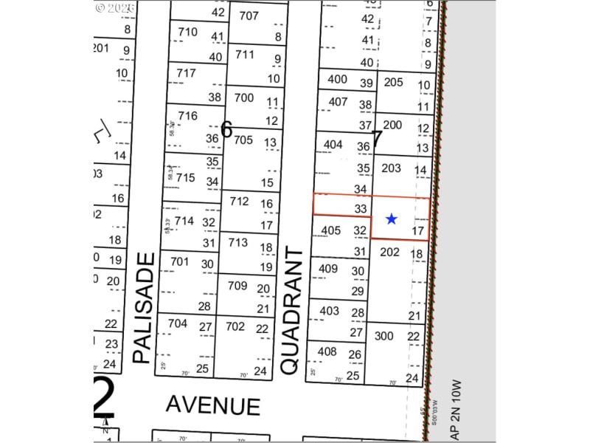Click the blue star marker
click(392, 219)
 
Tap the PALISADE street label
click(145, 308)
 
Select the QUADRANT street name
click(293, 311)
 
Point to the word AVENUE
click(212, 405)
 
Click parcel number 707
click(249, 16)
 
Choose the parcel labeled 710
click(188, 32)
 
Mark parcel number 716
click(187, 116)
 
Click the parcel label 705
click(243, 140)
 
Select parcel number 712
click(239, 201)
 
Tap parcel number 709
click(237, 286)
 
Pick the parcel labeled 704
click(178, 323)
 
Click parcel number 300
click(384, 335)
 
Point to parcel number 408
click(327, 351)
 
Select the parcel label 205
click(393, 82)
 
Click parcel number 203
click(391, 168)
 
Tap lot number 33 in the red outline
click(360, 209)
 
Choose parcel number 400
click(337, 79)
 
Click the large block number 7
click(377, 138)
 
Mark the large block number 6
click(226, 131)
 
